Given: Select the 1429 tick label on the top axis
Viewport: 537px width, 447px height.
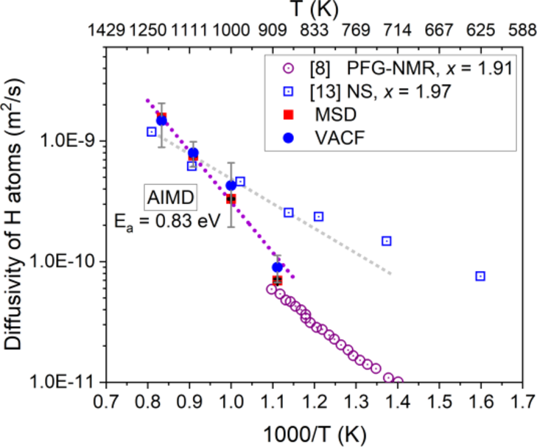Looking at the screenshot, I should click(x=106, y=32).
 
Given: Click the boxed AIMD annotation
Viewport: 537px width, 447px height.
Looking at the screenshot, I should click(x=163, y=197).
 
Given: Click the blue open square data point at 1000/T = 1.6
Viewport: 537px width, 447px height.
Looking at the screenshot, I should click(x=480, y=276).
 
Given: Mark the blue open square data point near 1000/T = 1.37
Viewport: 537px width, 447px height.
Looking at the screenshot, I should click(x=386, y=241).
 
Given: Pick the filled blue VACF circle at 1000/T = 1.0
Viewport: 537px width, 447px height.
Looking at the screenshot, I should click(x=231, y=186).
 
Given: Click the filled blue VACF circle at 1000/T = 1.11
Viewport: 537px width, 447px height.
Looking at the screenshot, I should click(x=277, y=267).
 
